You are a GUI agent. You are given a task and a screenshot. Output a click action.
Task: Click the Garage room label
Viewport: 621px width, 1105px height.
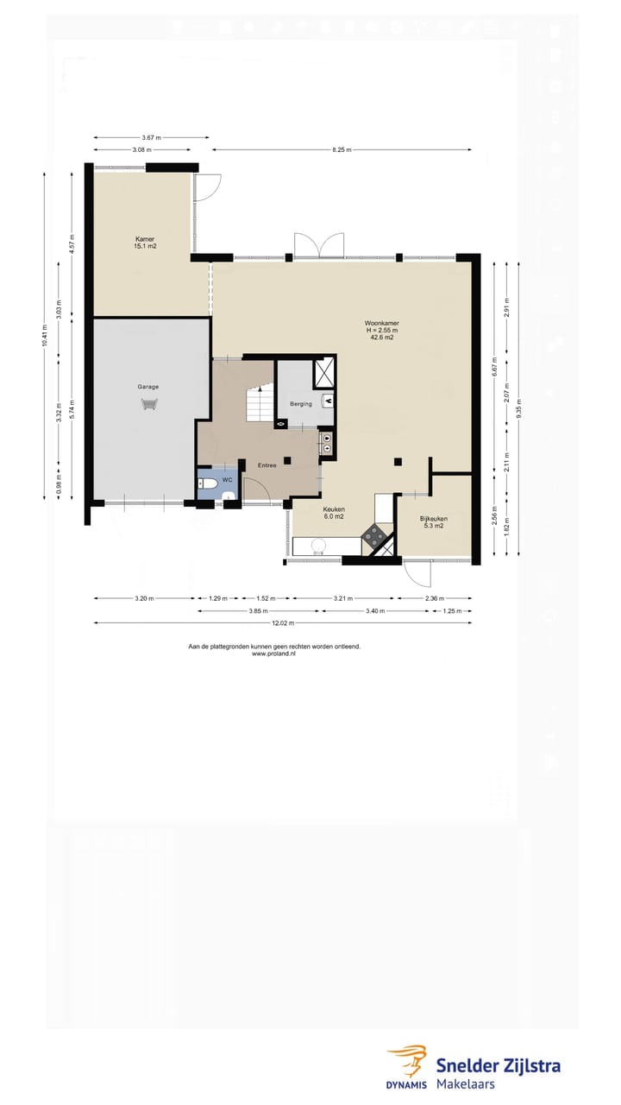pyautogui.click(x=148, y=387)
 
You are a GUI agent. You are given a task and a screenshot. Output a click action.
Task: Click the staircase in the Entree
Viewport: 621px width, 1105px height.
pyautogui.click(x=258, y=404)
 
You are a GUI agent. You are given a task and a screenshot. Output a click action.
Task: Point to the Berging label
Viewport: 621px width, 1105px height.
pyautogui.click(x=301, y=404)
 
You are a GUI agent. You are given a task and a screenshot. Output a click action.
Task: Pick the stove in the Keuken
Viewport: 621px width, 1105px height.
pyautogui.click(x=376, y=536)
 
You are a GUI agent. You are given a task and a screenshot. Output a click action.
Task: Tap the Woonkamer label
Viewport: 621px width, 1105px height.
pyautogui.click(x=381, y=324)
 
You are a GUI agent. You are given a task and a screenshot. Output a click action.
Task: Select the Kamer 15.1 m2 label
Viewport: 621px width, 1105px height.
pyautogui.click(x=145, y=242)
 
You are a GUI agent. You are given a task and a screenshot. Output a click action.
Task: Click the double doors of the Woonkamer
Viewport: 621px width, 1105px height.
pyautogui.click(x=319, y=246)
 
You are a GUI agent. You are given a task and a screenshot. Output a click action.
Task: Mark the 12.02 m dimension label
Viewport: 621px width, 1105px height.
pyautogui.click(x=284, y=622)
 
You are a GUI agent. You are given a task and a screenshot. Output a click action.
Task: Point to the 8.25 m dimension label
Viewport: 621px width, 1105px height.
pyautogui.click(x=341, y=149)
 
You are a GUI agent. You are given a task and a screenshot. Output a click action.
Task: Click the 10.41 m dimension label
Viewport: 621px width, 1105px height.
pyautogui.click(x=44, y=334)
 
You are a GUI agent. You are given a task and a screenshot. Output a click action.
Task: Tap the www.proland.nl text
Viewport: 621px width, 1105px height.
pyautogui.click(x=273, y=654)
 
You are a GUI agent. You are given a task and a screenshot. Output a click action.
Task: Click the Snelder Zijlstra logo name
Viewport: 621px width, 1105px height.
pyautogui.click(x=498, y=1064)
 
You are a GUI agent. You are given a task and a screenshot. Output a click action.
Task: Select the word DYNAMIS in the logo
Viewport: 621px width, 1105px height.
pyautogui.click(x=406, y=1084)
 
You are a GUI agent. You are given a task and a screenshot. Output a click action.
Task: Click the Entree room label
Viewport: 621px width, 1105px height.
pyautogui.click(x=267, y=466)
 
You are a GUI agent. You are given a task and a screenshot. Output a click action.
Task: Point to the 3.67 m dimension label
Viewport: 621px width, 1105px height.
pyautogui.click(x=152, y=137)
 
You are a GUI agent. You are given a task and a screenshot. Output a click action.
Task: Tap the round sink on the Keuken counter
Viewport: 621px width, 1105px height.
pyautogui.click(x=318, y=545)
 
